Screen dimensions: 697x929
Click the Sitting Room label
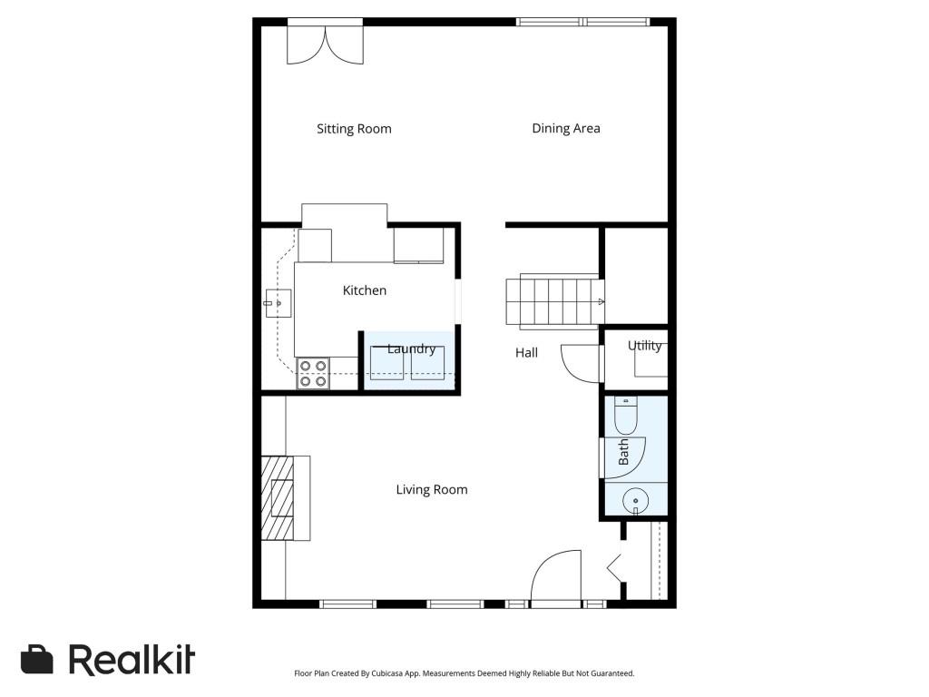[354, 129]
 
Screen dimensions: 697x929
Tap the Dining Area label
[565, 129]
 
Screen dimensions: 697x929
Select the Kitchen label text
[364, 290]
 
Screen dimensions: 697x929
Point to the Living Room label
[432, 490]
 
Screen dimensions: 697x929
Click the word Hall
[526, 352]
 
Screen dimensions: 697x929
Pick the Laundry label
[411, 349]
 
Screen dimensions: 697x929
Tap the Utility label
[644, 346]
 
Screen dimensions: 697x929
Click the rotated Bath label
[624, 452]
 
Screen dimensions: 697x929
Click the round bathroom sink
[635, 499]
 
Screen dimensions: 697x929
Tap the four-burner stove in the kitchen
[314, 374]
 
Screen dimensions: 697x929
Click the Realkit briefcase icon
[37, 660]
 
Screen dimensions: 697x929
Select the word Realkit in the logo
[132, 660]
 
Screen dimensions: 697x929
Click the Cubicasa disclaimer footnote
[464, 673]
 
